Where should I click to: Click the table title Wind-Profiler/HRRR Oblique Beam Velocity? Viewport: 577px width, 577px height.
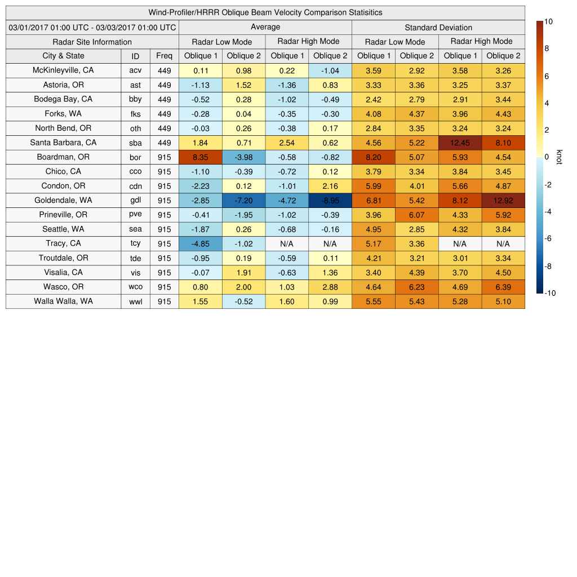coord(265,12)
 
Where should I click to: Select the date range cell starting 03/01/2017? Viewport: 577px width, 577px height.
coord(92,27)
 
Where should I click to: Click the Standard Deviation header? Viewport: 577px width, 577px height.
coord(438,27)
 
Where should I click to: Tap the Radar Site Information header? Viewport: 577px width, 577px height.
coord(92,42)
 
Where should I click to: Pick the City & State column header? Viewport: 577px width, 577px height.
coord(63,56)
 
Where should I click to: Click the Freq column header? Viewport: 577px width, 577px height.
coord(164,56)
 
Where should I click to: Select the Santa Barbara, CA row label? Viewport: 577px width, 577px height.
coord(63,143)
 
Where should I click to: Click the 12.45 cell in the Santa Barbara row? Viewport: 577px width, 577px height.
coord(460,143)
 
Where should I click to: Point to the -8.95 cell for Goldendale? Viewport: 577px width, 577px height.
coord(330,200)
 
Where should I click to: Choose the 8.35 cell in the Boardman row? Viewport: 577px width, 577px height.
coord(200,157)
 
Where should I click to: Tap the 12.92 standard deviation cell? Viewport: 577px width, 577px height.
coord(503,200)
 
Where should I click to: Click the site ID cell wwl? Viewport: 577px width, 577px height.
coord(135,301)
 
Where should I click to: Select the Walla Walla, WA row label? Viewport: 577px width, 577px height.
coord(63,301)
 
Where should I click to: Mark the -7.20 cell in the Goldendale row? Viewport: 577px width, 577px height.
coord(243,200)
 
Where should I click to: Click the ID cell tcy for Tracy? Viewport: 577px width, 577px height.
coord(135,243)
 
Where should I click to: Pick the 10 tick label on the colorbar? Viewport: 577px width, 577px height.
coord(548,21)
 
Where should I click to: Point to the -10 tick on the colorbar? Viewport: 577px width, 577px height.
coord(549,293)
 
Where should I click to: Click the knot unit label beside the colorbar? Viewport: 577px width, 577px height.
coord(560,157)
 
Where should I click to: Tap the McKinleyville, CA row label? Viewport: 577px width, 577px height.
coord(63,70)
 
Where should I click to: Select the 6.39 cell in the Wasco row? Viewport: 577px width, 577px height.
coord(503,287)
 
